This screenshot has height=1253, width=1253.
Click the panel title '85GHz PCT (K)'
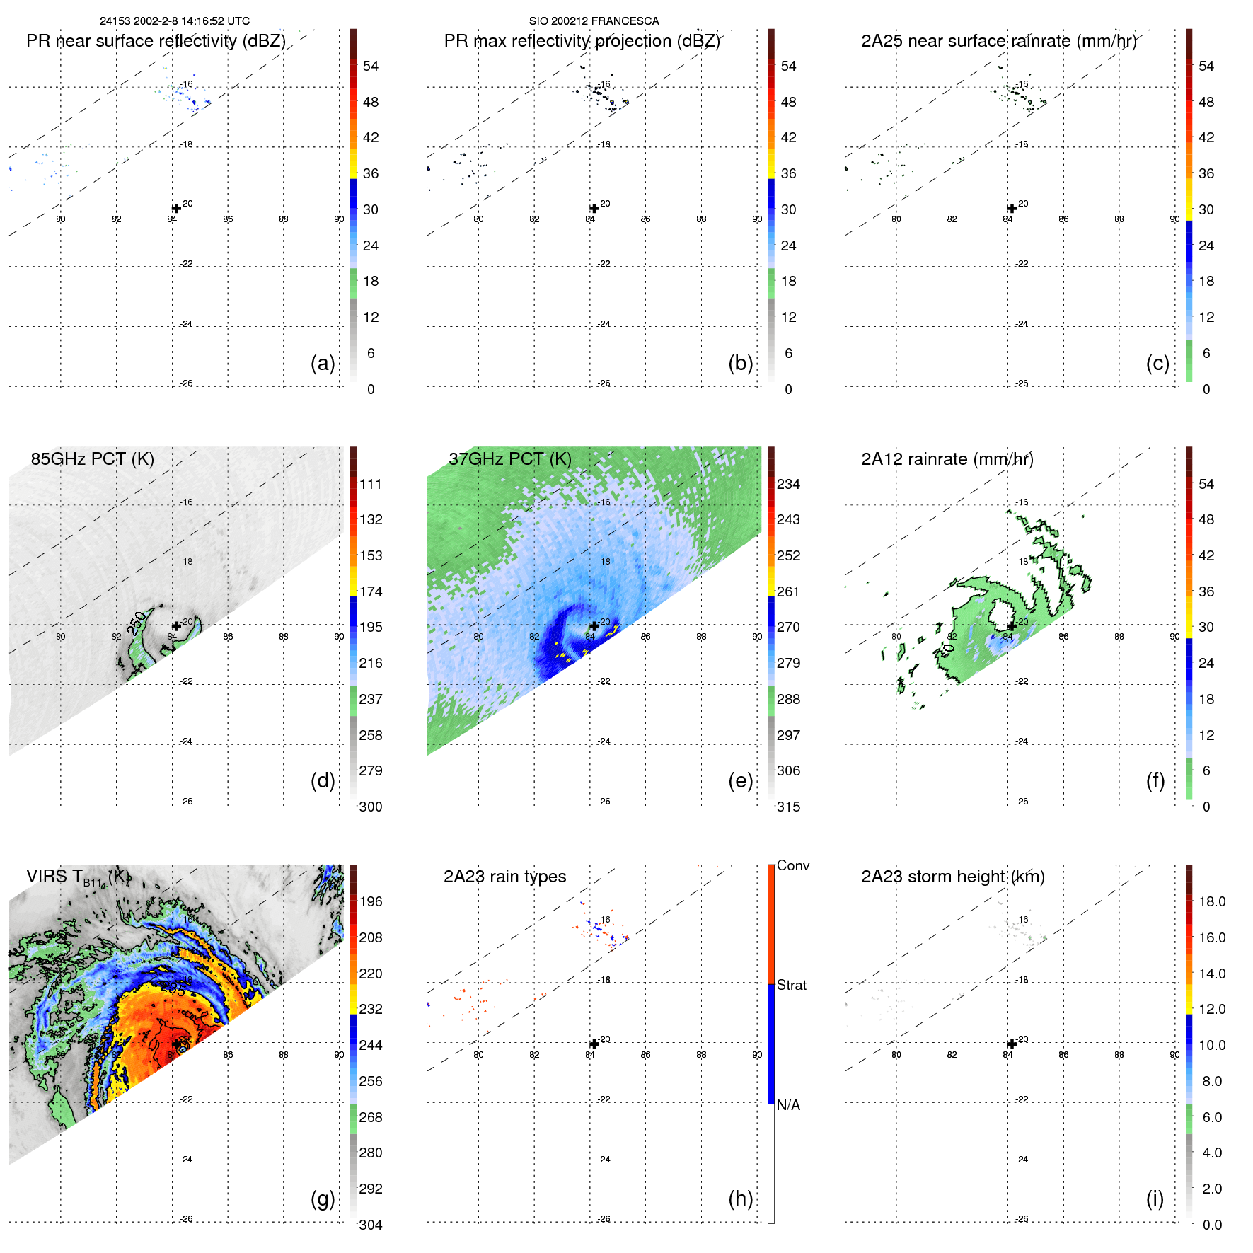[x=92, y=458]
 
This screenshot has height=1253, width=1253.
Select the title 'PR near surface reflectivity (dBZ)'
[x=156, y=41]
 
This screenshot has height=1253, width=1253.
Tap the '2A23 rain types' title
[x=504, y=877]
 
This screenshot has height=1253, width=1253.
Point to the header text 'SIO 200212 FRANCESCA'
[x=594, y=21]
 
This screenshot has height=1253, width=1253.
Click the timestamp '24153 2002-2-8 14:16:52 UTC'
[x=175, y=21]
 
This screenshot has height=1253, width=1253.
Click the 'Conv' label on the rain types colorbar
[x=792, y=865]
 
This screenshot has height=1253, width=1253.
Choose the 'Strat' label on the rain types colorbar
[x=792, y=985]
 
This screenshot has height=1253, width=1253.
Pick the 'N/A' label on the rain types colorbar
[x=788, y=1105]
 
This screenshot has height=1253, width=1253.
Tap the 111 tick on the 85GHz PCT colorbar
[x=370, y=484]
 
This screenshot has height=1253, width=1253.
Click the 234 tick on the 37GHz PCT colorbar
[x=788, y=484]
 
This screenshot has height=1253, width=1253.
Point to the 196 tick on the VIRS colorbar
[x=370, y=901]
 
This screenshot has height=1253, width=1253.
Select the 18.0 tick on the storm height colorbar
[x=1211, y=901]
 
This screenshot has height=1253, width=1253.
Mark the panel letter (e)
[x=740, y=780]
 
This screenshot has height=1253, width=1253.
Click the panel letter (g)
[x=323, y=1199]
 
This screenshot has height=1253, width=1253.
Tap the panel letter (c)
[x=1157, y=363]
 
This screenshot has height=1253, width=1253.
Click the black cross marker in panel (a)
[x=176, y=208]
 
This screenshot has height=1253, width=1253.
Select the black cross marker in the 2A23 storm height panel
[x=1012, y=1044]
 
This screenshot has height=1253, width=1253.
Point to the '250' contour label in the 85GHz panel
[x=137, y=623]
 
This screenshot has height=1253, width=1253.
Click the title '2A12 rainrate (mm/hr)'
[x=947, y=458]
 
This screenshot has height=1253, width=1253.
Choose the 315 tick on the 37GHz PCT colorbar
[x=788, y=807]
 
